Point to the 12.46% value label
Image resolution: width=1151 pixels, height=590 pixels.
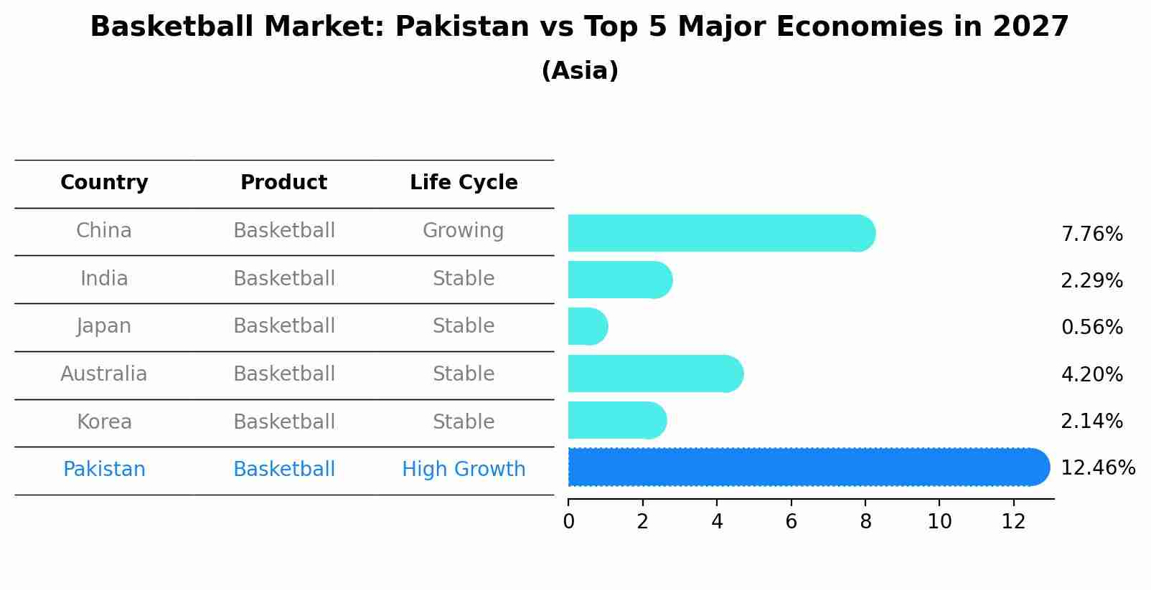tap(1097, 468)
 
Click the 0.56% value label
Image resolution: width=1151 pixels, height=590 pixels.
tap(1091, 328)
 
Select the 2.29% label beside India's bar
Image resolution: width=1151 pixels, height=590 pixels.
tap(1091, 281)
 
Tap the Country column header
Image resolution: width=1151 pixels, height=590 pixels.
tap(104, 183)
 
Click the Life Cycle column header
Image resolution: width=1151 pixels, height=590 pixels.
tap(464, 183)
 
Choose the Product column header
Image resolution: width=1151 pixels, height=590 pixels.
tap(283, 183)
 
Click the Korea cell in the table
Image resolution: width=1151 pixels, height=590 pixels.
tap(104, 422)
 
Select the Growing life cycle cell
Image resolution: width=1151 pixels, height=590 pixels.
tap(463, 231)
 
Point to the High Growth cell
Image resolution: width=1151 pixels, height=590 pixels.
tap(464, 470)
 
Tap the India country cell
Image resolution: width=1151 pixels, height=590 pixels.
tap(104, 278)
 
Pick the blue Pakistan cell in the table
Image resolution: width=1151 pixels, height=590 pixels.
tap(104, 470)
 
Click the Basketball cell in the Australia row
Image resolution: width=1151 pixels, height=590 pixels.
tap(284, 374)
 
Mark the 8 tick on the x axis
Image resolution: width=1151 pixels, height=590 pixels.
tap(865, 522)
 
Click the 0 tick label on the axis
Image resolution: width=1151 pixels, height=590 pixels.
tap(568, 522)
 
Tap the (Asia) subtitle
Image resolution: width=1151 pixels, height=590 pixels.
tap(580, 71)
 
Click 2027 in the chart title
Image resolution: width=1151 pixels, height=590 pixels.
tap(1030, 27)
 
